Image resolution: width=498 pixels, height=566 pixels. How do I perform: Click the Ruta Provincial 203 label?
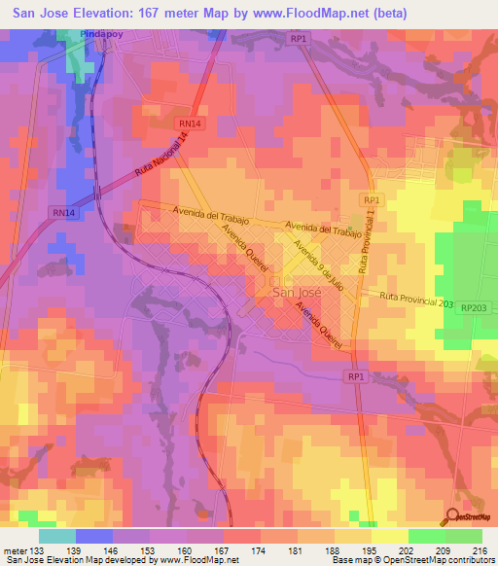(416, 302)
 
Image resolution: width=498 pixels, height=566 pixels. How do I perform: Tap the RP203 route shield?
(476, 307)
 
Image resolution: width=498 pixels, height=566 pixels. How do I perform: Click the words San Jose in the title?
(45, 13)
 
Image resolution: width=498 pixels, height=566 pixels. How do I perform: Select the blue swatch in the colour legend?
(93, 536)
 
